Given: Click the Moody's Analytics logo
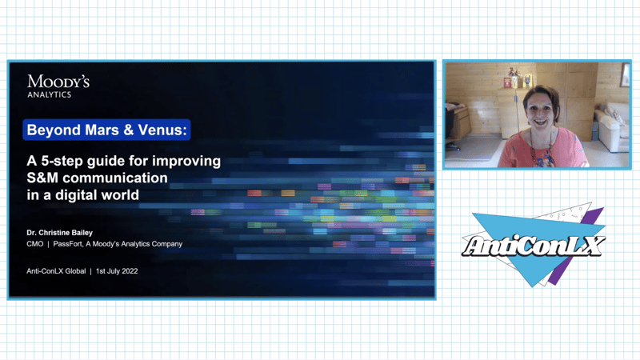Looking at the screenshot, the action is pos(58,86).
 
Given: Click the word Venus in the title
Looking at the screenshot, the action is pos(162,130).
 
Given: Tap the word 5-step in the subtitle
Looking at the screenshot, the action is pos(62,161).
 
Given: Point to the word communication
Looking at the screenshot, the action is pos(114,178).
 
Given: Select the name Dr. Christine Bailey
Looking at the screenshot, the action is pos(59,233).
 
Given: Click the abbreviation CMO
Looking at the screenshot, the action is pos(34,244).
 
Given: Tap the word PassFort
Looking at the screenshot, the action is pos(68,244).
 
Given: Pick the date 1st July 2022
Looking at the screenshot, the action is pos(117,271).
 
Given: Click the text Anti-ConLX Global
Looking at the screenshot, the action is pos(56,271).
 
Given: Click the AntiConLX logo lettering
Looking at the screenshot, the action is pos(533,246).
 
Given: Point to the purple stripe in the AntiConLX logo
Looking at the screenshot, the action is pos(579,245).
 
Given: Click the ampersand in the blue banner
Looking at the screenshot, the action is pos(129,130).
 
